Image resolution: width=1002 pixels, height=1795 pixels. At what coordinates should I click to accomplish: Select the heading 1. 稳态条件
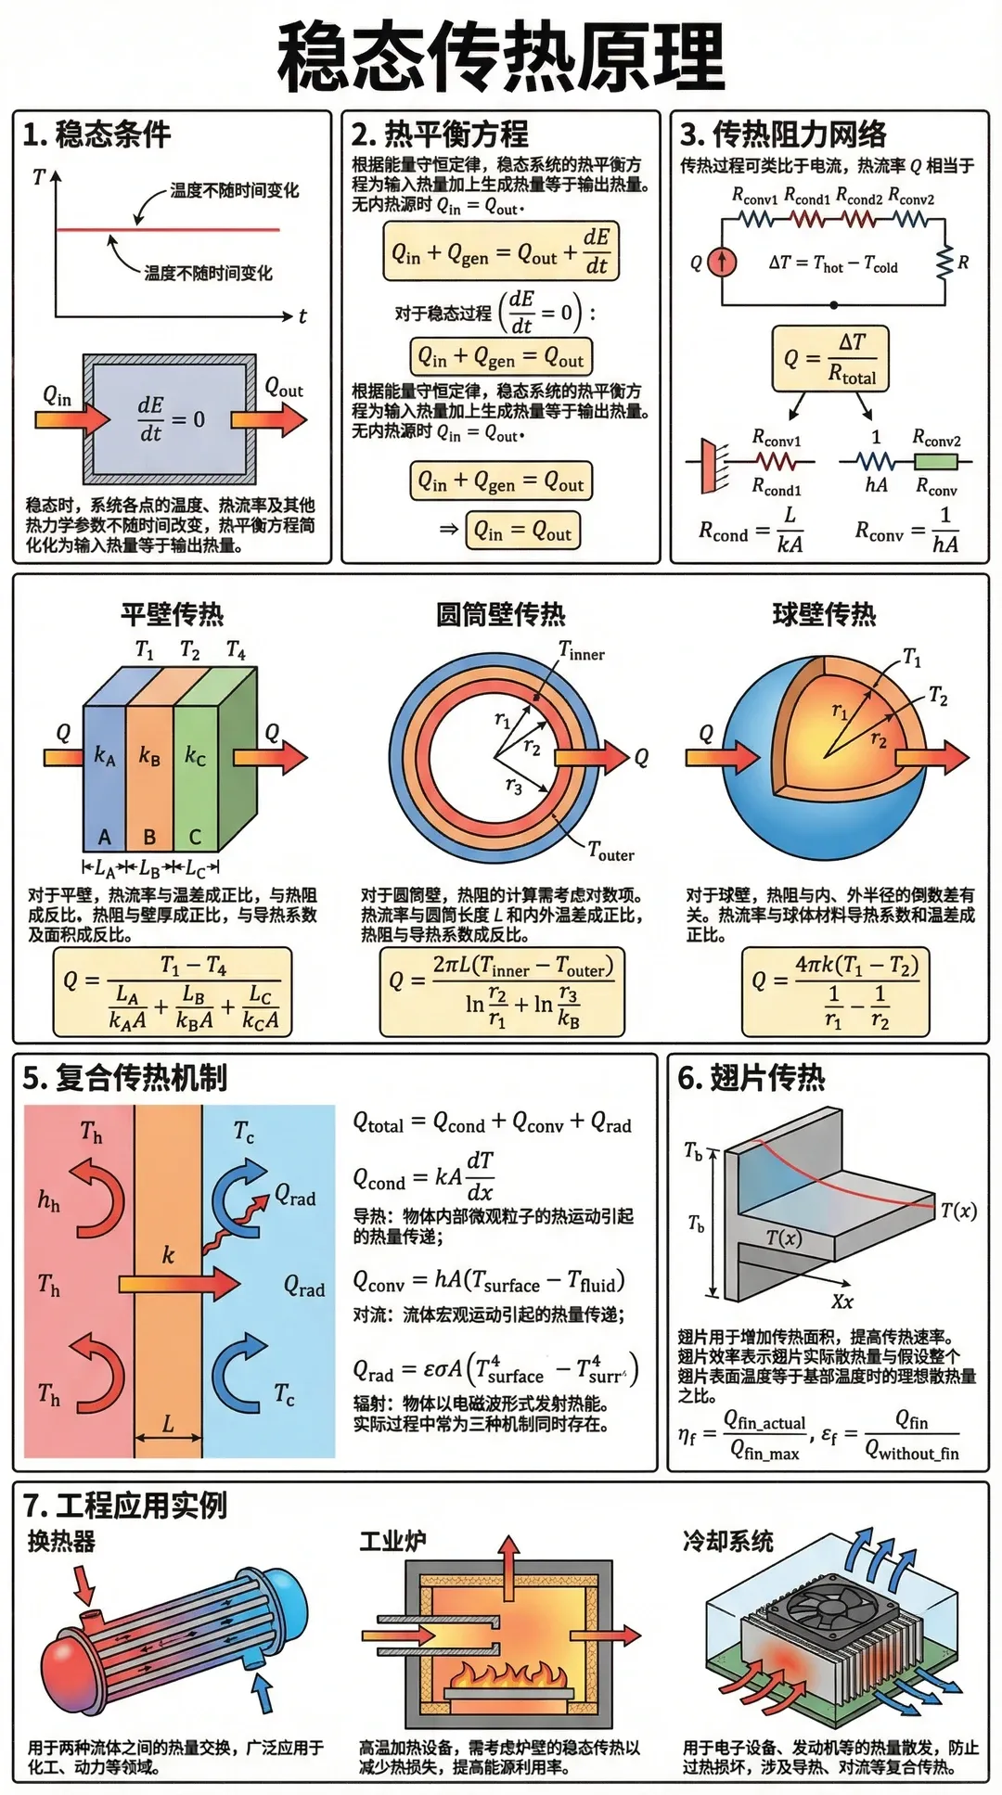pyautogui.click(x=96, y=135)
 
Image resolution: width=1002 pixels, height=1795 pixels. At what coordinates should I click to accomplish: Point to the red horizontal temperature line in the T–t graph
pyautogui.click(x=167, y=229)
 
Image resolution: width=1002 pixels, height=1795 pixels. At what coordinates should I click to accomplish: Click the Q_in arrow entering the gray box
pyautogui.click(x=72, y=419)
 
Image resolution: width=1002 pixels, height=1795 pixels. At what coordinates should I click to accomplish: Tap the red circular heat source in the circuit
pyautogui.click(x=722, y=262)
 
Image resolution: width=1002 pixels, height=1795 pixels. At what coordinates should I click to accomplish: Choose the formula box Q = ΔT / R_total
pyautogui.click(x=830, y=357)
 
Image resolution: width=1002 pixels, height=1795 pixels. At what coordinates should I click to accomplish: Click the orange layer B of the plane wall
pyautogui.click(x=149, y=779)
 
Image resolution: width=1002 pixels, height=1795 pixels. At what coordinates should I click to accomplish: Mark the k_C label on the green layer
pyautogui.click(x=195, y=756)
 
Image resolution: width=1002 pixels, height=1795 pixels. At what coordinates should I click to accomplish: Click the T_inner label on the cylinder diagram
pyautogui.click(x=582, y=652)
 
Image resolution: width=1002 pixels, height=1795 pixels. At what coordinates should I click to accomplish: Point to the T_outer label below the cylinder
pyautogui.click(x=610, y=851)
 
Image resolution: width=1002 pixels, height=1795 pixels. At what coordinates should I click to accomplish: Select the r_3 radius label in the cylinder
pyautogui.click(x=513, y=787)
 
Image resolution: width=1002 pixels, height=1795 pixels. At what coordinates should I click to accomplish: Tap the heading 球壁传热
pyautogui.click(x=824, y=614)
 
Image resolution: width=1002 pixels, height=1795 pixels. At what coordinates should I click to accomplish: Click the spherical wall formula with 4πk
pyautogui.click(x=835, y=993)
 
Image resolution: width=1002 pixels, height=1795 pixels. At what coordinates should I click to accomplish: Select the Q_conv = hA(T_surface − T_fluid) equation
pyautogui.click(x=489, y=1282)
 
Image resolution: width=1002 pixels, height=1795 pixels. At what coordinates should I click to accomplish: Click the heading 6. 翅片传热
pyautogui.click(x=751, y=1078)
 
